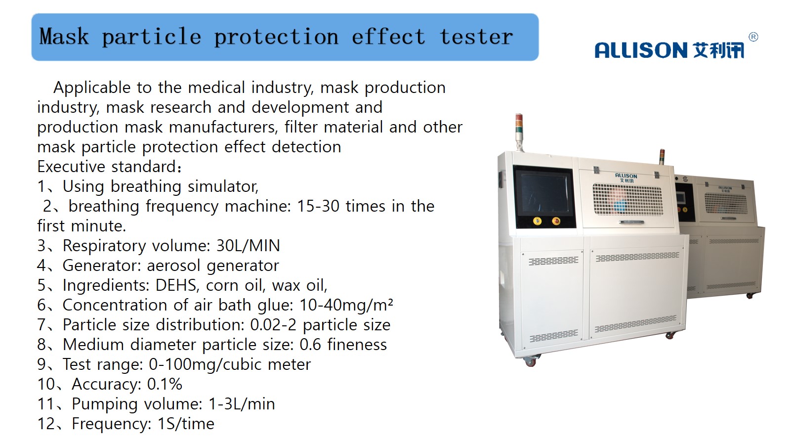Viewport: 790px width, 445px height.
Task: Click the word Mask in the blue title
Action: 64,37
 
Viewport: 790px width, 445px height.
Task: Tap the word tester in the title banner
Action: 476,37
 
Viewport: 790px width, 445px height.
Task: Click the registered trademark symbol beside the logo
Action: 753,37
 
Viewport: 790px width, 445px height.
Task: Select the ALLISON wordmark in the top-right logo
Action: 641,50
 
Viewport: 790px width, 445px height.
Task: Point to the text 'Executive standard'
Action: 107,167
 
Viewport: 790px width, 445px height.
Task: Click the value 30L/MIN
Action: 248,246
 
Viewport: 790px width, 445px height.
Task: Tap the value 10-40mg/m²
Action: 346,305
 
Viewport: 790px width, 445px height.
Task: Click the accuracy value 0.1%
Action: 165,384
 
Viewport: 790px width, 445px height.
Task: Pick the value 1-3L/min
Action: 242,403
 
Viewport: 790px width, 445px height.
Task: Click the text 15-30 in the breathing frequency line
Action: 318,206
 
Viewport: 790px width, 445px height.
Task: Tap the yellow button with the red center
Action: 556,222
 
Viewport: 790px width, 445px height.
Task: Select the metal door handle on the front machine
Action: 631,222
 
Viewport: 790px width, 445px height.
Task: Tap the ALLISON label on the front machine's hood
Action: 626,178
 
